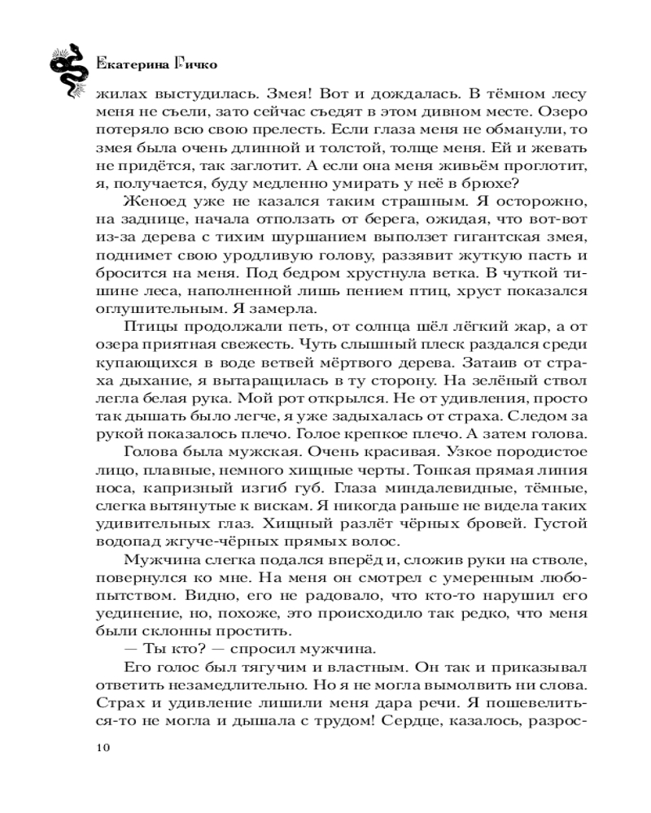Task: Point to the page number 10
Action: point(103,749)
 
